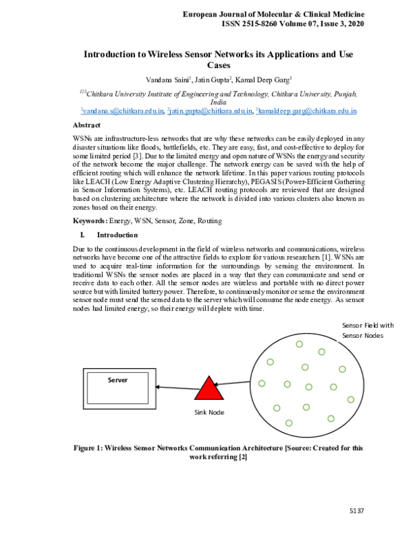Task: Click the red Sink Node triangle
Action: tap(209, 388)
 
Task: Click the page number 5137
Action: tap(356, 510)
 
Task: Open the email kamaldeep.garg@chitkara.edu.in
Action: tap(306, 110)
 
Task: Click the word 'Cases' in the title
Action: tap(218, 65)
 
